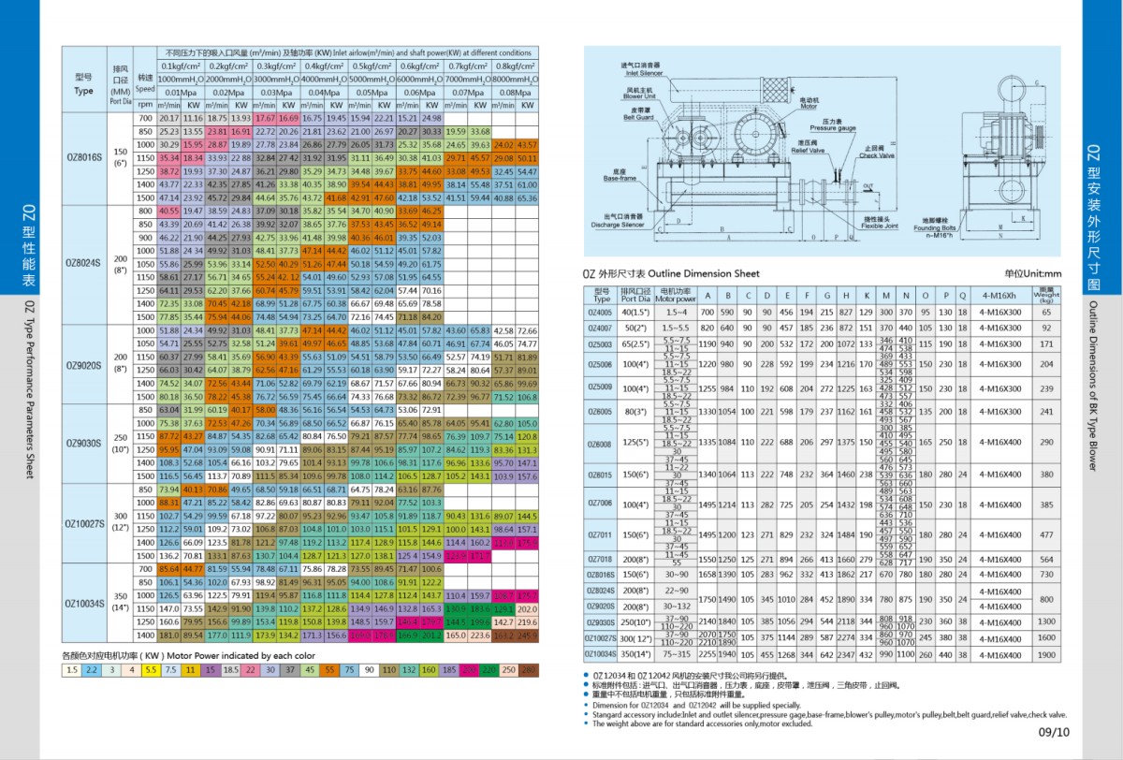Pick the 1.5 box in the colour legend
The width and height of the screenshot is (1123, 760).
click(x=72, y=670)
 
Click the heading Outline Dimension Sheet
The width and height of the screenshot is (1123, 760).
click(x=670, y=273)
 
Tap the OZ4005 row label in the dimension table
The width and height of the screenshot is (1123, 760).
click(x=601, y=311)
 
